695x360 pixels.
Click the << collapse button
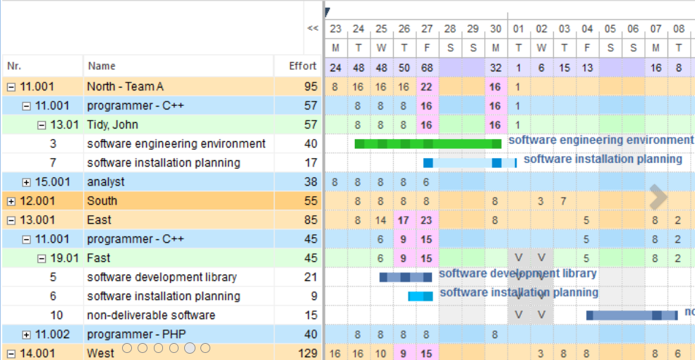313,29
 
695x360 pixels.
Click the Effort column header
303,66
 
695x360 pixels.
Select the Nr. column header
14,66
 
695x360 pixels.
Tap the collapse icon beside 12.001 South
11,201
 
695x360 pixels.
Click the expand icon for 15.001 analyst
27,182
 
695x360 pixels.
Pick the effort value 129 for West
308,354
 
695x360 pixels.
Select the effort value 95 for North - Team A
310,87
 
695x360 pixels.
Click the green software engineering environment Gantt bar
427,144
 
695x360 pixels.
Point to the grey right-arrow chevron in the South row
658,198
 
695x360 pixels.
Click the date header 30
495,29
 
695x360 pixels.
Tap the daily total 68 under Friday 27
427,68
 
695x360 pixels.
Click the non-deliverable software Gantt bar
631,316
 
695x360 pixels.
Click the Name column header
102,66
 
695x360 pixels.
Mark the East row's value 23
427,220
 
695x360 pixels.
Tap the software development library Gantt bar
405,277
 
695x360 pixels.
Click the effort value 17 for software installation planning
310,163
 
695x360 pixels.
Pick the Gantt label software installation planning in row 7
603,159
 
